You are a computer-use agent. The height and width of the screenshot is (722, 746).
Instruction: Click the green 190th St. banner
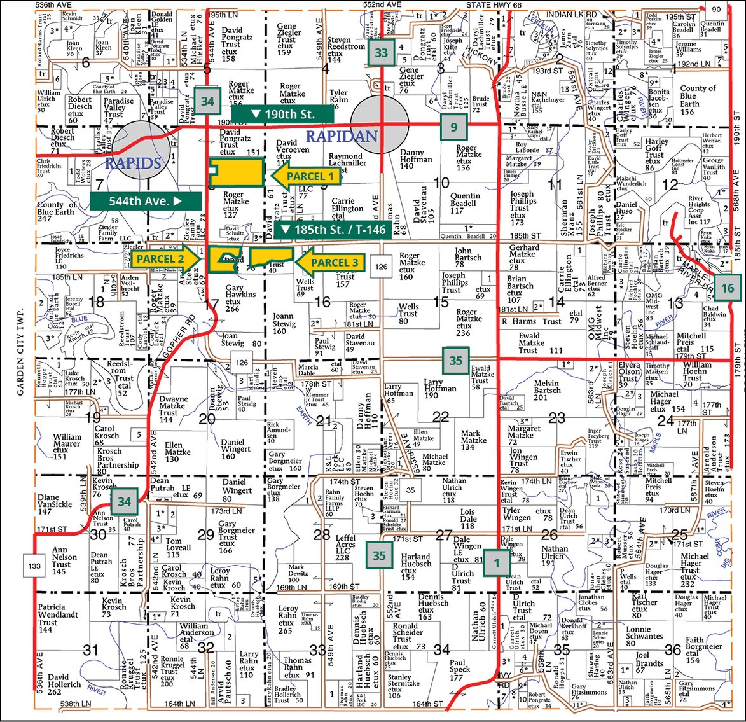click(x=282, y=115)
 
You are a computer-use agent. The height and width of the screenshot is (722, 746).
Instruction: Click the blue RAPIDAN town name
click(x=342, y=136)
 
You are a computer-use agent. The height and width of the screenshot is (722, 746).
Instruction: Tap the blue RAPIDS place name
click(x=133, y=163)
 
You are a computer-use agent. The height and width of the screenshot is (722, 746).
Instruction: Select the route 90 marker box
click(x=715, y=9)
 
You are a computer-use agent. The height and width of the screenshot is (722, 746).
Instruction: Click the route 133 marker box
click(x=34, y=564)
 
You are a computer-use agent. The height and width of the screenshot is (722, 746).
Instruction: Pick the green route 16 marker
click(x=727, y=288)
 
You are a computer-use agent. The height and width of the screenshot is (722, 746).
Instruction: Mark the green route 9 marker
click(x=453, y=127)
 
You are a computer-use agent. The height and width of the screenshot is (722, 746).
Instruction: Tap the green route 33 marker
click(x=381, y=53)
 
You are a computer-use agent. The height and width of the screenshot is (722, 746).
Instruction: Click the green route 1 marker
click(x=496, y=562)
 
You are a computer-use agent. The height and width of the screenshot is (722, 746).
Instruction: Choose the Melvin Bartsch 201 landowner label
click(x=547, y=391)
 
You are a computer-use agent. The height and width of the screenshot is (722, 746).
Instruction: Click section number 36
click(x=673, y=649)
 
